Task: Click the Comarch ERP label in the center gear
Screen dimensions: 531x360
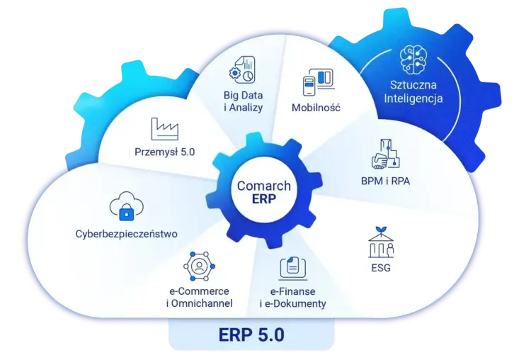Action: point(264,192)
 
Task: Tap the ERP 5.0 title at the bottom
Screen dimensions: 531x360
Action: point(251,334)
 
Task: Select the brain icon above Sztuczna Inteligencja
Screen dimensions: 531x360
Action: point(413,60)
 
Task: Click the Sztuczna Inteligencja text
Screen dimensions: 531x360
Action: point(413,91)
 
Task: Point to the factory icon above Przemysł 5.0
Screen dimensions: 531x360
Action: point(164,129)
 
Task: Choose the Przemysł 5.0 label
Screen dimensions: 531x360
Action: point(164,152)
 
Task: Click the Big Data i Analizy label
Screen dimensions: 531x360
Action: point(243,101)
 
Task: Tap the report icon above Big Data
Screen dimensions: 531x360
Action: point(242,70)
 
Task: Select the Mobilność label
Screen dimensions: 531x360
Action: point(316,108)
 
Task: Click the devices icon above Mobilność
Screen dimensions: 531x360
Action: point(319,82)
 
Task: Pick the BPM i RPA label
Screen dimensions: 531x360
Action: point(385,181)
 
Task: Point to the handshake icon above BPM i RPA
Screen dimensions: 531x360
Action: point(386,154)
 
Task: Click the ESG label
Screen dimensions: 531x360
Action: point(381,268)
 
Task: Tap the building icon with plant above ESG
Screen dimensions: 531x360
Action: point(381,242)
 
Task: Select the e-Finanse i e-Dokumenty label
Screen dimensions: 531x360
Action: point(292,298)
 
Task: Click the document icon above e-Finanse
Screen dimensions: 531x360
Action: point(293,268)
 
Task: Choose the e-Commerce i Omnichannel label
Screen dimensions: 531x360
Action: point(200,297)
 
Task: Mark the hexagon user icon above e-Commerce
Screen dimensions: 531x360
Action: point(199,266)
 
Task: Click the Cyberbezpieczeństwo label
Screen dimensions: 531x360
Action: point(126,234)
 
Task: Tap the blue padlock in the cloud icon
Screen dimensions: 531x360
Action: point(127,212)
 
